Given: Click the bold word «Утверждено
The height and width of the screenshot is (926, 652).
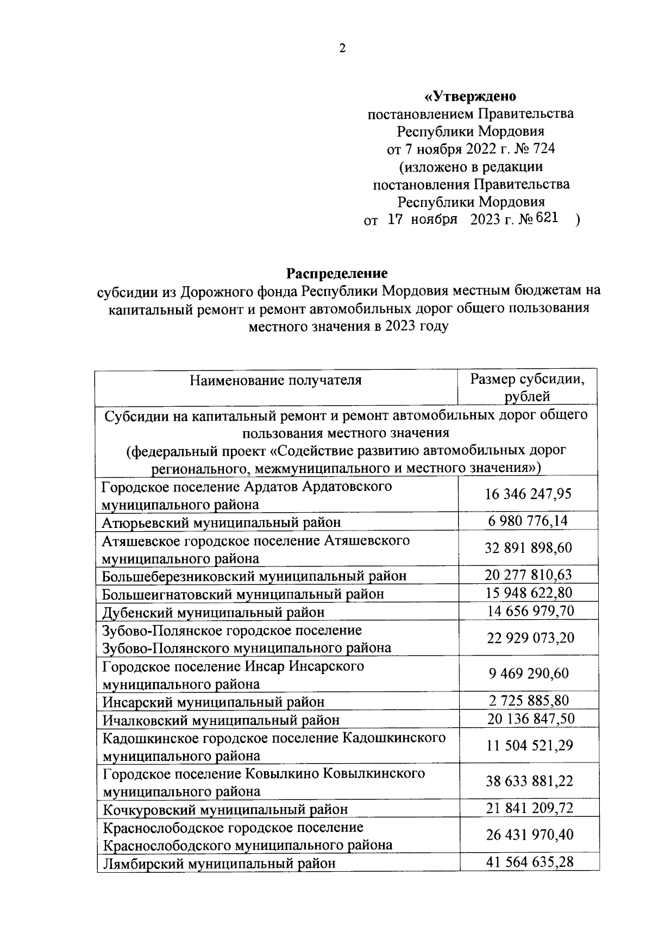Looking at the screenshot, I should (470, 97).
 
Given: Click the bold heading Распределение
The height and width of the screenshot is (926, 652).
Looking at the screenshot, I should (337, 273).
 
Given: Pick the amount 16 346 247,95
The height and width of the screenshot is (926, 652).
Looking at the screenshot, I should (528, 494).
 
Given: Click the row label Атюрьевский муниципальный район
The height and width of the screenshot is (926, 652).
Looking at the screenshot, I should (222, 522).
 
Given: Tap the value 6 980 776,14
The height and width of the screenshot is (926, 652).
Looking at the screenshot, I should (528, 521).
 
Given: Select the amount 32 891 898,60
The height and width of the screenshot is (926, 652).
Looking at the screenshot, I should (528, 548).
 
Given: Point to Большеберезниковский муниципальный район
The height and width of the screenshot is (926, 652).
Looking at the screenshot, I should (254, 576).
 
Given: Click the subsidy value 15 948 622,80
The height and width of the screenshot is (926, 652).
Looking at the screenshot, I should (528, 593).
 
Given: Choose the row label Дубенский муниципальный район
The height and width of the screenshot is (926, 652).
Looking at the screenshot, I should (214, 613).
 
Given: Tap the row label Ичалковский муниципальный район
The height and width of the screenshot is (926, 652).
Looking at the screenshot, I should (221, 720).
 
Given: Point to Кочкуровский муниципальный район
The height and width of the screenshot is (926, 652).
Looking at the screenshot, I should (225, 810).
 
